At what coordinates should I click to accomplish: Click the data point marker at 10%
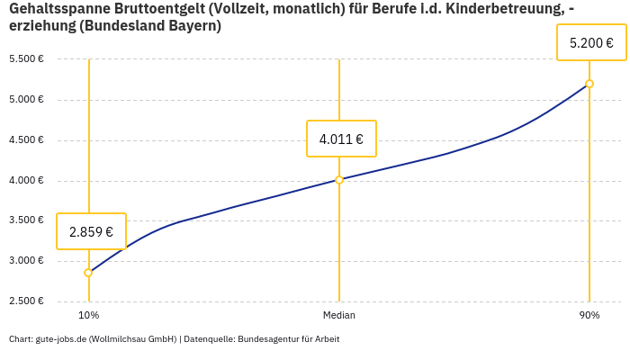pyautogui.click(x=88, y=273)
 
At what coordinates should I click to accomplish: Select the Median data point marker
pyautogui.click(x=339, y=180)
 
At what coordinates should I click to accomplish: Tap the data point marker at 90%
pyautogui.click(x=589, y=84)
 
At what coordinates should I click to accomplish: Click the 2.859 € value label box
pyautogui.click(x=91, y=231)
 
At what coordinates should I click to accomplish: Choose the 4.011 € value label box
pyautogui.click(x=341, y=139)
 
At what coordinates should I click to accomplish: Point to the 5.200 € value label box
pyautogui.click(x=591, y=42)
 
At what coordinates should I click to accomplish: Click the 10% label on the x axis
pyautogui.click(x=88, y=315)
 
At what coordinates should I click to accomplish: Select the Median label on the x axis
pyautogui.click(x=339, y=315)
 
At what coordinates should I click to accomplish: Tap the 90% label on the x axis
pyautogui.click(x=589, y=315)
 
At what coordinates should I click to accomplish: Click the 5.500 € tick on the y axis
pyautogui.click(x=26, y=59)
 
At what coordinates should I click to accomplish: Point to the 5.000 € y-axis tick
pyautogui.click(x=26, y=100)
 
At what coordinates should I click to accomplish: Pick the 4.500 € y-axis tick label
pyautogui.click(x=26, y=140)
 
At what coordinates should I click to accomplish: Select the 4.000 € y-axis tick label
pyautogui.click(x=26, y=181)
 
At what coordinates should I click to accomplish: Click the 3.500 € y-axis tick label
pyautogui.click(x=26, y=220)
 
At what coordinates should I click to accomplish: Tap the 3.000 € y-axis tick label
pyautogui.click(x=26, y=261)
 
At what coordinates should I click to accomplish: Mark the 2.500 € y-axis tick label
pyautogui.click(x=26, y=301)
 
